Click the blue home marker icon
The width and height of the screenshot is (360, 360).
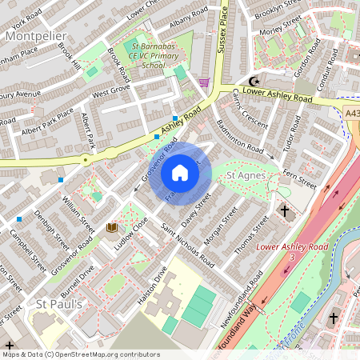coord(180,172)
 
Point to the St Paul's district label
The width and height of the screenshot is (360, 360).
coord(59,304)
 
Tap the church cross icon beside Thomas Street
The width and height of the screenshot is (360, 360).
coord(285,211)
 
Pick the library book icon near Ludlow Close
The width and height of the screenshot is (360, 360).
coord(112,228)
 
